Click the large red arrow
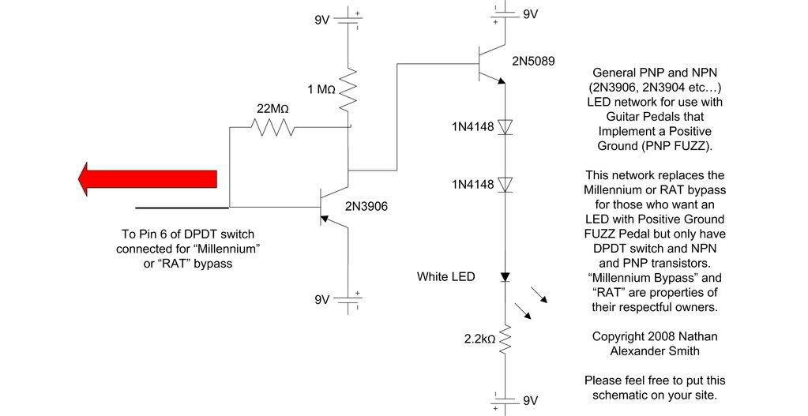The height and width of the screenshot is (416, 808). [x=148, y=178]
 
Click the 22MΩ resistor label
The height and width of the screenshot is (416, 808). [x=272, y=109]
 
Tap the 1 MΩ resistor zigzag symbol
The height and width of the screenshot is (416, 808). [x=348, y=89]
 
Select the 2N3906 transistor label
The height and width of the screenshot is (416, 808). [x=366, y=207]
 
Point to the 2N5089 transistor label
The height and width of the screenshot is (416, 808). [x=533, y=62]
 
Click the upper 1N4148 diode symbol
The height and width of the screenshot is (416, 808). [x=505, y=126]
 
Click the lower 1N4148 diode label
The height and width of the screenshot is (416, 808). [x=472, y=184]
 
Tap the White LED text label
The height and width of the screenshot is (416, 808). [x=445, y=276]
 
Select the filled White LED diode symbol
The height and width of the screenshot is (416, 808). [x=505, y=277]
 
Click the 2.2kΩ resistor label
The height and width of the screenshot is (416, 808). [x=479, y=339]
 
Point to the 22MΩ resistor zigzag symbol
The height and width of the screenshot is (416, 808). [x=272, y=126]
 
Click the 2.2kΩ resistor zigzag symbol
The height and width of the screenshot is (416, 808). [x=505, y=339]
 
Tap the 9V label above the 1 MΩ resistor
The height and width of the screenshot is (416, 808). [x=322, y=20]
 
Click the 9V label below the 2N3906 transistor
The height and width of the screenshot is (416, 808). [x=322, y=299]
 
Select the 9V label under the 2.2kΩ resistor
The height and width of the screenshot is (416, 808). [x=530, y=400]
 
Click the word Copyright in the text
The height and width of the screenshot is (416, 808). [x=616, y=336]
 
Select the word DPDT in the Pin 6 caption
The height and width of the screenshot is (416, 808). [x=205, y=234]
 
